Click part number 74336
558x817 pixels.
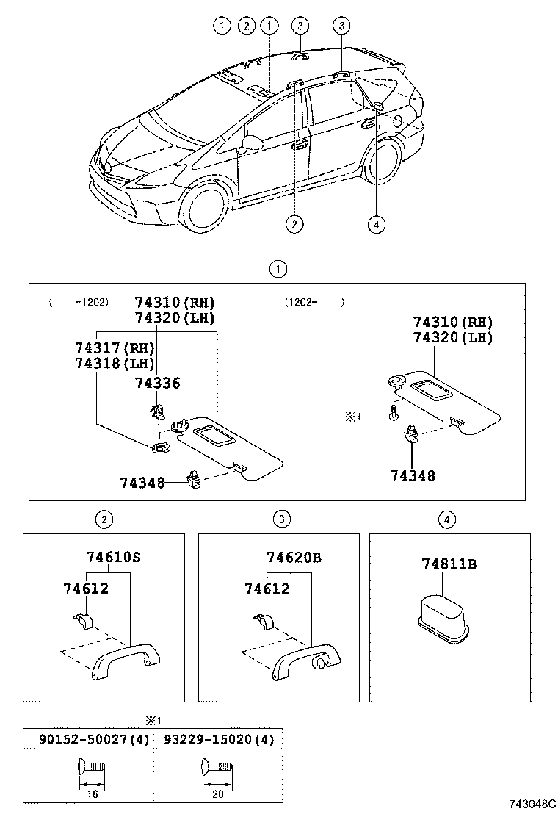[157, 383]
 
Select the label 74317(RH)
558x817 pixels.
[114, 347]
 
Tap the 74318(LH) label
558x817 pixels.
[114, 363]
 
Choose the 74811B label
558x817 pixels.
[449, 564]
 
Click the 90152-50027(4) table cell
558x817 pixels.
[86, 739]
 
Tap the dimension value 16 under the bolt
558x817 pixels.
[92, 794]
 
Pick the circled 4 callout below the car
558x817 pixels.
[377, 225]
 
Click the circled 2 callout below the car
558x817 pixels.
[294, 225]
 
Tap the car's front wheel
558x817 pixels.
[203, 209]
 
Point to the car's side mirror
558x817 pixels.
[251, 143]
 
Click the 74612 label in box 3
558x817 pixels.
[267, 589]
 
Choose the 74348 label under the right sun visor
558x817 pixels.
[413, 476]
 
